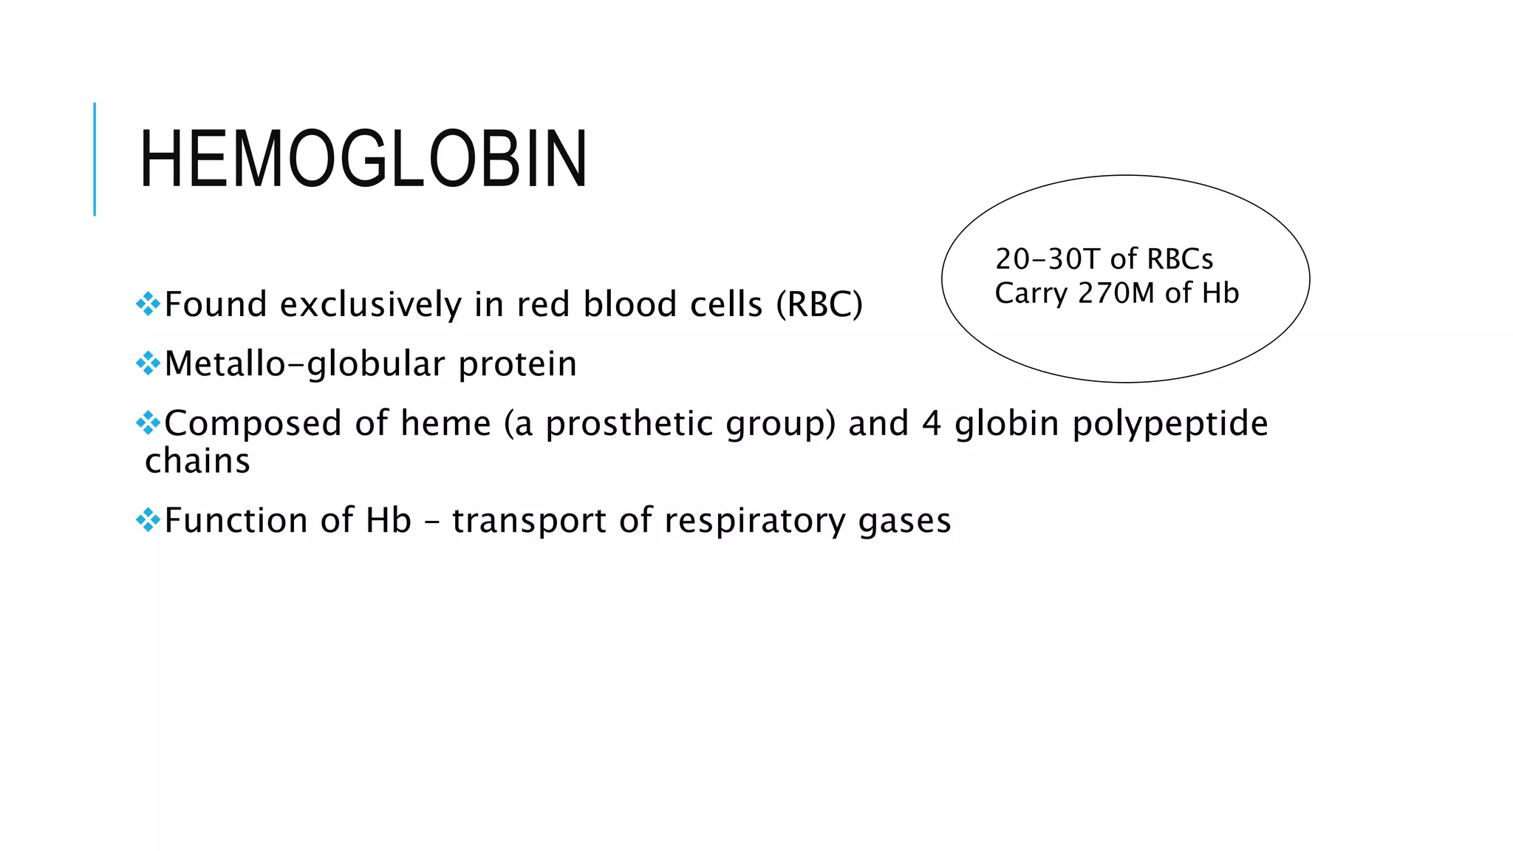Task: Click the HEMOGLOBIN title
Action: tap(363, 159)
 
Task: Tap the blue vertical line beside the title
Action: tap(95, 159)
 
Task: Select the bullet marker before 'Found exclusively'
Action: tap(148, 304)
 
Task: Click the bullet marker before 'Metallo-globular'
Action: tap(148, 363)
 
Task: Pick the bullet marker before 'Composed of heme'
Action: tap(148, 423)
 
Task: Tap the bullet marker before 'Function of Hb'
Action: tap(148, 519)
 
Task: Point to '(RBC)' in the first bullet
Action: tap(819, 304)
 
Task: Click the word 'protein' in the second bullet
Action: tap(517, 364)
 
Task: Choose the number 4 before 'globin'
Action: tap(932, 424)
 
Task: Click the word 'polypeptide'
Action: tap(1170, 424)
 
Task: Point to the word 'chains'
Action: tap(198, 461)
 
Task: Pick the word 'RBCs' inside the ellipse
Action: tap(1181, 259)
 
